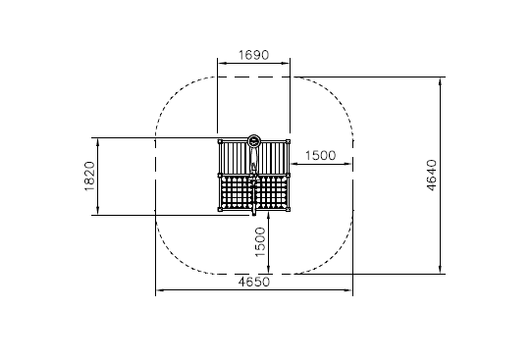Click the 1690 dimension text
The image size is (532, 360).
[253, 55]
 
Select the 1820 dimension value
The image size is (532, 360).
[89, 177]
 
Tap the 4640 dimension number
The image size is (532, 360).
[431, 176]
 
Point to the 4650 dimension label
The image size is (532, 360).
[254, 282]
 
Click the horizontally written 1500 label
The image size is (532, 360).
[321, 156]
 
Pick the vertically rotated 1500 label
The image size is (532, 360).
[260, 242]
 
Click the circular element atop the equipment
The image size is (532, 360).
[253, 140]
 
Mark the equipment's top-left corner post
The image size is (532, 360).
[220, 141]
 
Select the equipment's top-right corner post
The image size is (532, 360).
[288, 141]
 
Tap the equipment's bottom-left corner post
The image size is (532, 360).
[220, 209]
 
